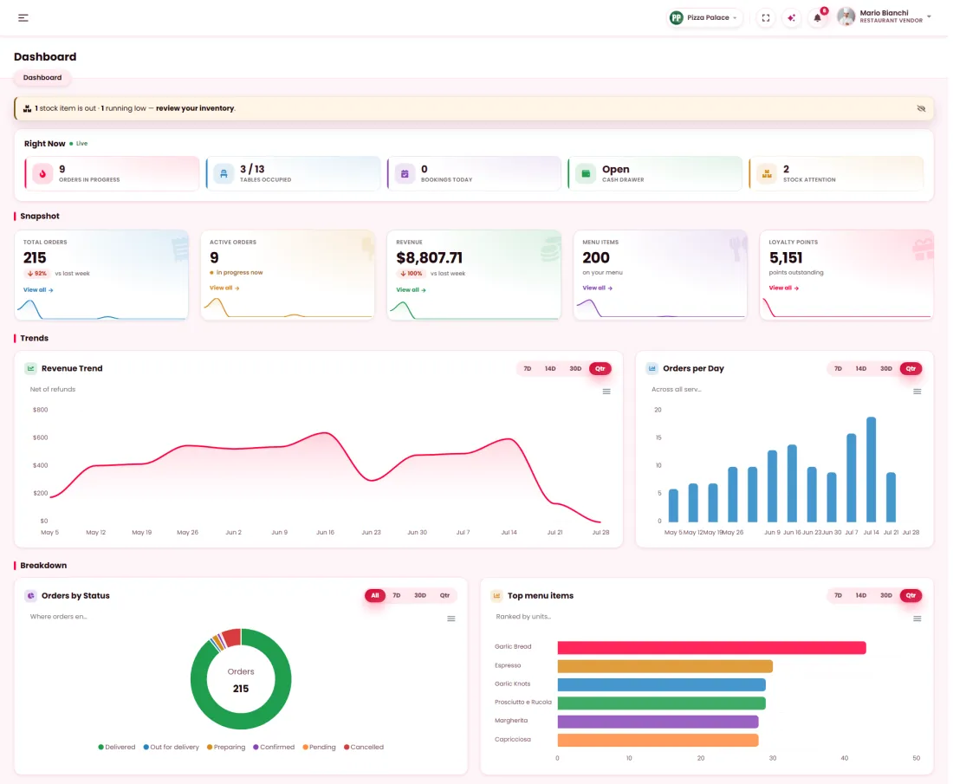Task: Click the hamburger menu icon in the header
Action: coord(23,17)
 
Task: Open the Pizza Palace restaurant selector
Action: coord(703,17)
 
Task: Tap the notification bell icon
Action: coord(818,17)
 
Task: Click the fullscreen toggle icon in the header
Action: coord(766,17)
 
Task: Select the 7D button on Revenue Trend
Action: coord(528,368)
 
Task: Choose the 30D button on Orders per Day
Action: coord(886,368)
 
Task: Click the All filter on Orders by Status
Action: coord(375,596)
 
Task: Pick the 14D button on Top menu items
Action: coord(860,596)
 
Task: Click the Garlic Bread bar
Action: coord(711,648)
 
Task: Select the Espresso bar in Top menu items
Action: coord(665,666)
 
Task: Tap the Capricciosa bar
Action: coord(658,740)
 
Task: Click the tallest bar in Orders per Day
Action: coord(871,470)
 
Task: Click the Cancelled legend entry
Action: coord(364,747)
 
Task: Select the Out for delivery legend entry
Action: coord(171,747)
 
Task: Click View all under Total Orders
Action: coord(38,290)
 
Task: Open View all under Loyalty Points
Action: coord(784,288)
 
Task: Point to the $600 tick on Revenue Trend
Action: coord(40,437)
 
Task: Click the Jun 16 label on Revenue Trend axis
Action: coord(325,533)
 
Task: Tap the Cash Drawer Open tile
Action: coord(655,173)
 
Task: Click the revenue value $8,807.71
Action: coord(429,257)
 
